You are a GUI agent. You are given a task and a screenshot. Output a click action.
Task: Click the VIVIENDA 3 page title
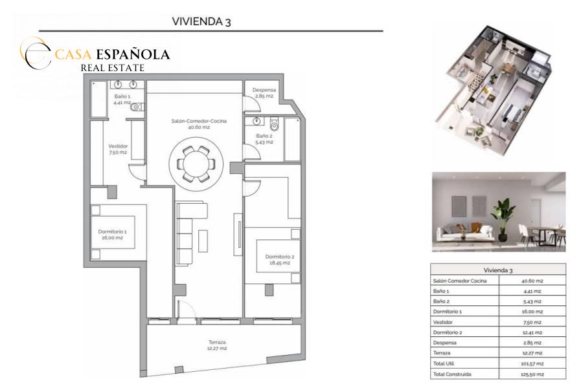[201, 21]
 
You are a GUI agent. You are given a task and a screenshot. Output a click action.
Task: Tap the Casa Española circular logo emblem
[36, 53]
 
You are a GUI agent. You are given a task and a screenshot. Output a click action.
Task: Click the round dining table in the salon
[196, 164]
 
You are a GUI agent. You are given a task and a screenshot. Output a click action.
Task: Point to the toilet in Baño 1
[136, 107]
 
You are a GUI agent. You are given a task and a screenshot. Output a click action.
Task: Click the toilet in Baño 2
[275, 125]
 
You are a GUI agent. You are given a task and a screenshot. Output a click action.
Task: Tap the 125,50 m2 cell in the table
[532, 374]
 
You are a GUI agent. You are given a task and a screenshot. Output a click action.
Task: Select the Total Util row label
[444, 363]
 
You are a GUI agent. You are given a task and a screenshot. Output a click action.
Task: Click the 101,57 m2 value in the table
[532, 364]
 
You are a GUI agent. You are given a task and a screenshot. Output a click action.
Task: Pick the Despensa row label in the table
[444, 343]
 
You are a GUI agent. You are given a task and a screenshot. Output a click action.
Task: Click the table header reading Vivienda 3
[498, 270]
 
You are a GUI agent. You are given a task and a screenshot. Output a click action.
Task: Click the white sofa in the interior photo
[464, 232]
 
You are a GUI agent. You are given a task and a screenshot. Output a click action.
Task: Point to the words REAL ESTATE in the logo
[112, 68]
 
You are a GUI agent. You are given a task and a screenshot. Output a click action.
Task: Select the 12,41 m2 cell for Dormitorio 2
[532, 332]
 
